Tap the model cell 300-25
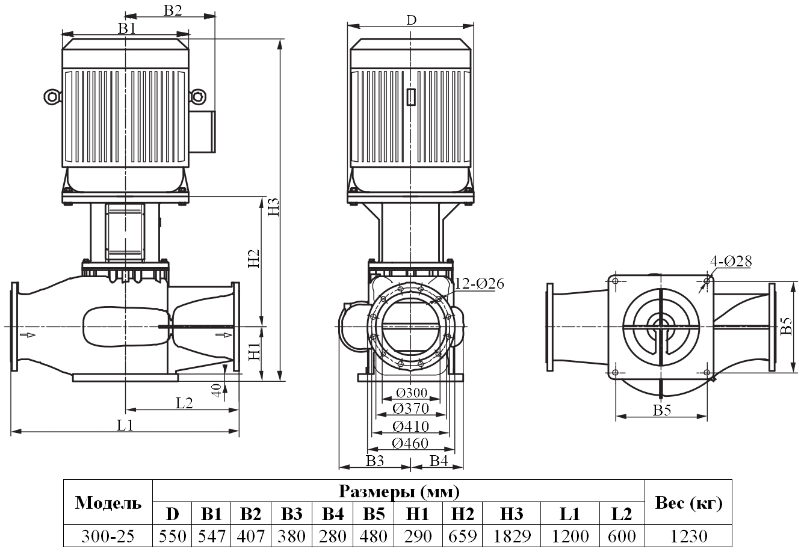(108, 535)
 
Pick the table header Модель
(108, 503)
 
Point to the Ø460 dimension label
(410, 443)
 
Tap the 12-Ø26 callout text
(479, 283)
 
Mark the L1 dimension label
(125, 425)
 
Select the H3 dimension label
(274, 206)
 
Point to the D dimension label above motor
(410, 20)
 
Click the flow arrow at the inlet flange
(27, 334)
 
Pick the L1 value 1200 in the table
(569, 535)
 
